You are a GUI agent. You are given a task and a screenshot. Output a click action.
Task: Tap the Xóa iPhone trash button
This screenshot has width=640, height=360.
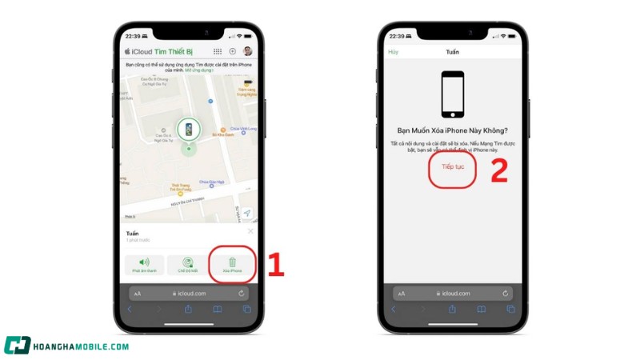232,265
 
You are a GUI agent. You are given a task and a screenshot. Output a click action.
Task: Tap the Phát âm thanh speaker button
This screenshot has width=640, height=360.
144,265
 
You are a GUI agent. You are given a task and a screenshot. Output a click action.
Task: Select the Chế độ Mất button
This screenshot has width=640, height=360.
188,265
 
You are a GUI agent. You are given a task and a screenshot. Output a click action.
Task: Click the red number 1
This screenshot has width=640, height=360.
275,266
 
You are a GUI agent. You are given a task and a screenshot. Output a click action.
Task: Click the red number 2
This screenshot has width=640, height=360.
498,170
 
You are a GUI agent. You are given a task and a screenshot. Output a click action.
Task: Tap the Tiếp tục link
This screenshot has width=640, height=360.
453,166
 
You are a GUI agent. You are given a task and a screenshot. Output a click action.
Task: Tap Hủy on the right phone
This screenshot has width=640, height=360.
393,52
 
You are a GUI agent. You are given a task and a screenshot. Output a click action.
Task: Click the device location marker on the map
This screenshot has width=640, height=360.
188,130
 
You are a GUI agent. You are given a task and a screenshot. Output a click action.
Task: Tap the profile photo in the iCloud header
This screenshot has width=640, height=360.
248,52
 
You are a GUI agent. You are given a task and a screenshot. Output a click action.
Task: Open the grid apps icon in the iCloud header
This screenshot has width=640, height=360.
218,52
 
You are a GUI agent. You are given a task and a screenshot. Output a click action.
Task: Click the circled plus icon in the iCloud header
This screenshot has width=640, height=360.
233,52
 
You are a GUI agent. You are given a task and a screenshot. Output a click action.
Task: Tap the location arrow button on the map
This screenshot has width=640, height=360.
247,213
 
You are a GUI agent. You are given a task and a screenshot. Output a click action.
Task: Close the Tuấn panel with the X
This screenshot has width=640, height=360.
250,231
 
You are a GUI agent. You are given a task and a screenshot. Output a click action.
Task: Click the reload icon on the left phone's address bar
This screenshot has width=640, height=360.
242,294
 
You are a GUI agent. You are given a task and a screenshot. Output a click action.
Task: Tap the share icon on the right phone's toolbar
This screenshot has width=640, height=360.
452,309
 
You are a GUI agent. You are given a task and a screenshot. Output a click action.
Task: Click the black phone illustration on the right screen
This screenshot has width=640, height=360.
453,94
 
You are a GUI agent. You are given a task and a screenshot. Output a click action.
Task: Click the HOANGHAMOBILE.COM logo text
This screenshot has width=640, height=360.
80,346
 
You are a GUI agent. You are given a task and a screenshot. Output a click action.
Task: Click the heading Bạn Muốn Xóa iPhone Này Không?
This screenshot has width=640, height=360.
453,130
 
